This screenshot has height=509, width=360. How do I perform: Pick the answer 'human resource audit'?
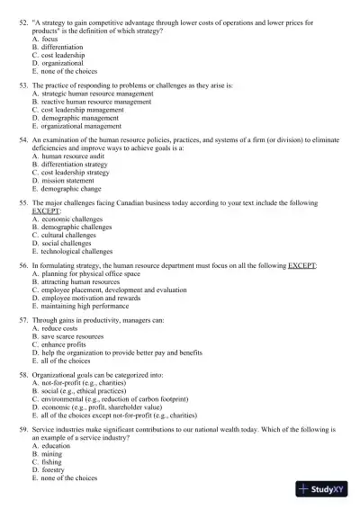point(77,156)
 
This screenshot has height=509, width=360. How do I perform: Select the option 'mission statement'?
point(75,180)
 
